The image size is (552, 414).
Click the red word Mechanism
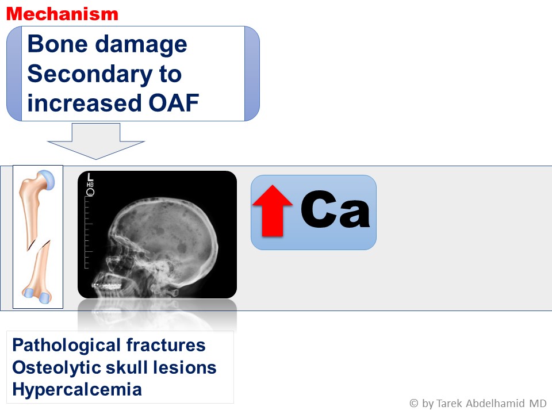62,14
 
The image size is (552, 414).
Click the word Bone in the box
57,44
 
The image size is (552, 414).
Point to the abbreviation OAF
174,103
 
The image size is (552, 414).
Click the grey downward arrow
96,141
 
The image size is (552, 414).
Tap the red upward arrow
272,210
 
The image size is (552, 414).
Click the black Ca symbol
335,209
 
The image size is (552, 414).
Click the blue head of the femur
47,179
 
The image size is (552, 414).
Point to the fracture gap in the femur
38,245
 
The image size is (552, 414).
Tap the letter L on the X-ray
90,177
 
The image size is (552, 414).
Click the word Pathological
66,346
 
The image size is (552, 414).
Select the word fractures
166,345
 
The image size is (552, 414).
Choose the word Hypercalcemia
77,390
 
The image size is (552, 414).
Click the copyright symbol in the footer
414,403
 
